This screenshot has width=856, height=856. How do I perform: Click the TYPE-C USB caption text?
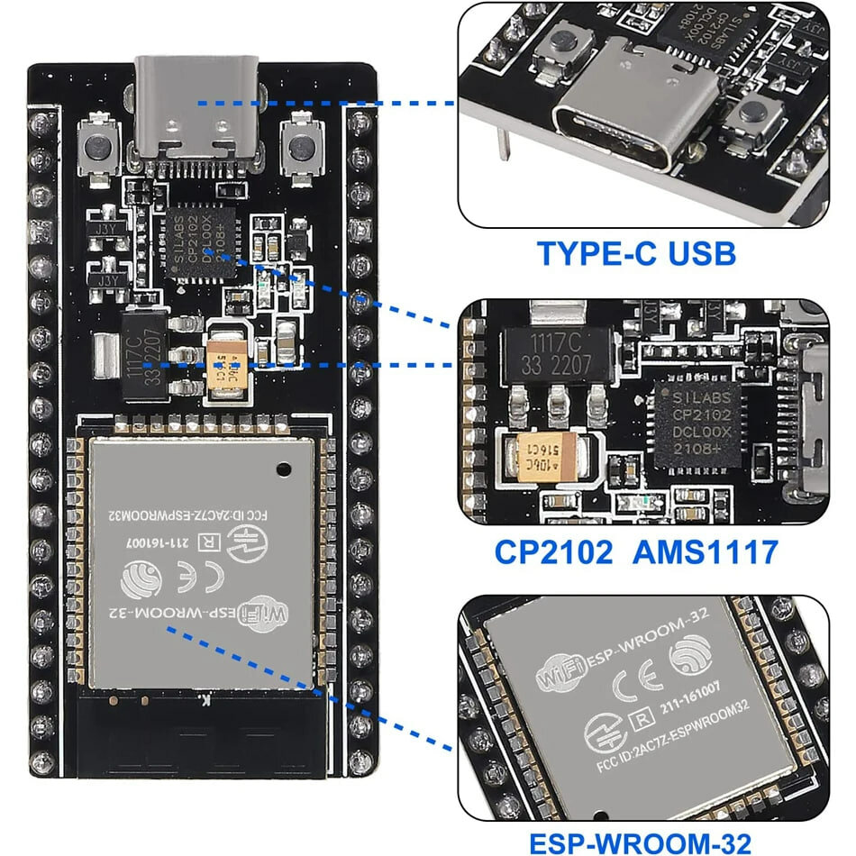[x=636, y=254]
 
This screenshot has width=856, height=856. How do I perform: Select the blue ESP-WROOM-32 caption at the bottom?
[x=639, y=844]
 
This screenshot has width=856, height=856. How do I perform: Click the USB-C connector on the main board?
[x=196, y=113]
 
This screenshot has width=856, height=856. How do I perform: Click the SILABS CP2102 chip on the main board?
[x=198, y=241]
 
